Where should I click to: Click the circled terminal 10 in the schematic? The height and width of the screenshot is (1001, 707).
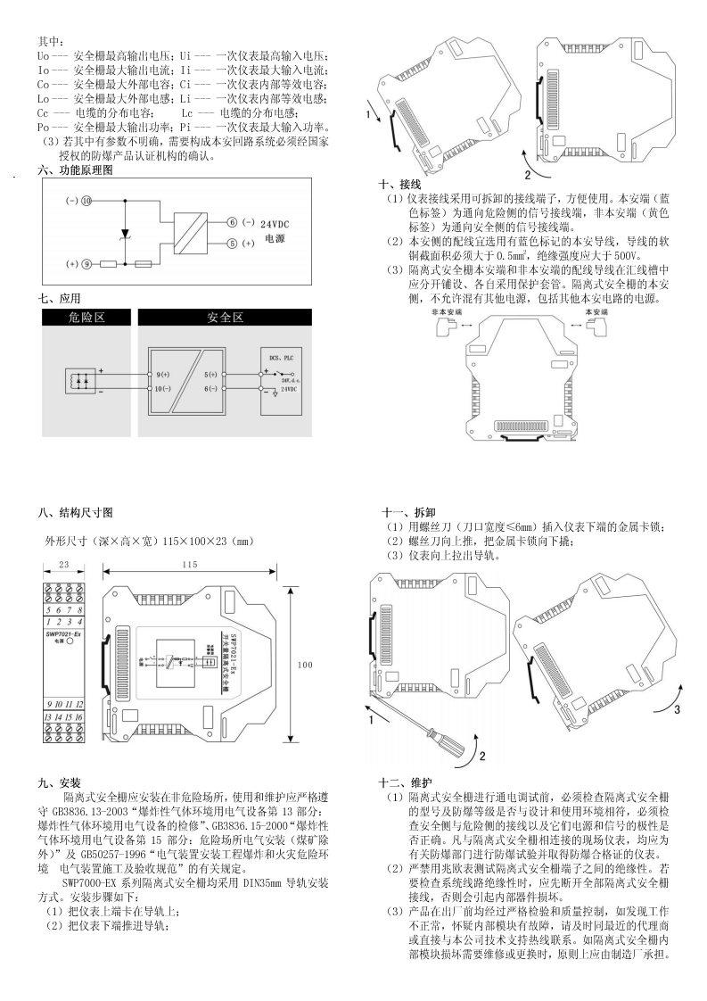86,202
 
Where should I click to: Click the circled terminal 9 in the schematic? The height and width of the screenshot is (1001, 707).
86,265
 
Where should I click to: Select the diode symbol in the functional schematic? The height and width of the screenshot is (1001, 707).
126,233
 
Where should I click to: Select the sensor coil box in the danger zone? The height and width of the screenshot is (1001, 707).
78,380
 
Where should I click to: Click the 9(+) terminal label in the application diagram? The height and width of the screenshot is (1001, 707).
162,374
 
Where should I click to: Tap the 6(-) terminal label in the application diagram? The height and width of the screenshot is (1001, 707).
211,390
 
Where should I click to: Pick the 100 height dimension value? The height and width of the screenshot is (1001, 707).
305,665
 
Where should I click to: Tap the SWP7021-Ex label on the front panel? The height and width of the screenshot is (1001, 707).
63,633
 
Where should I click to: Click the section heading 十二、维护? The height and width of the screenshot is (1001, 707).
407,781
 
